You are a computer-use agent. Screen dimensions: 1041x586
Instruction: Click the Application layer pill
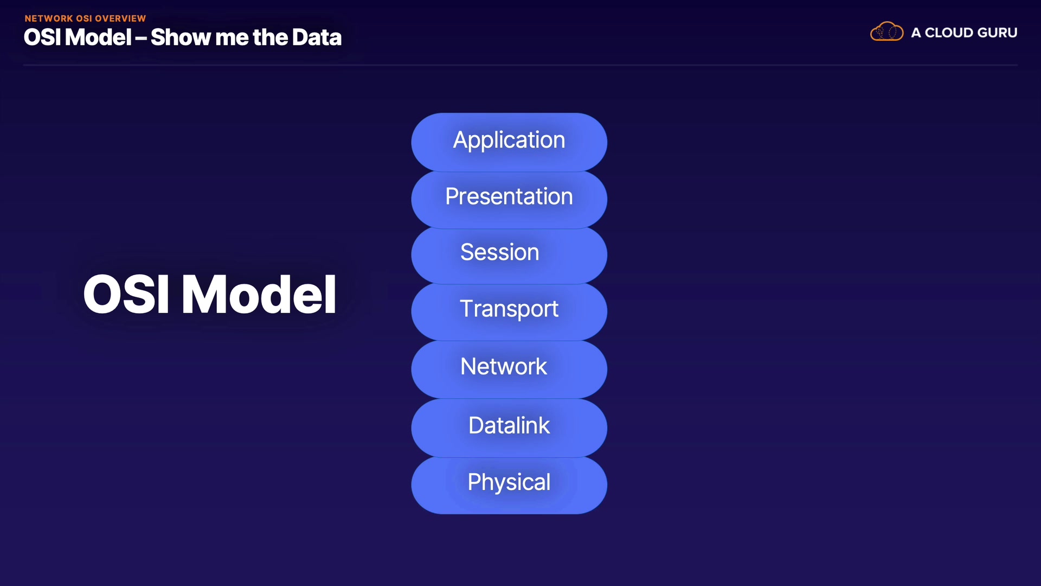[509, 142]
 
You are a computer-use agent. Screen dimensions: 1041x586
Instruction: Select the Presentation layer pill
[509, 200]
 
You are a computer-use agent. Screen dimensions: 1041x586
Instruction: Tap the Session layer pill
[509, 256]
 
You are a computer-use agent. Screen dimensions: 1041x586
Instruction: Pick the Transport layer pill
[509, 312]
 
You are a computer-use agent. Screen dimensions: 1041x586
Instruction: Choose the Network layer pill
[509, 370]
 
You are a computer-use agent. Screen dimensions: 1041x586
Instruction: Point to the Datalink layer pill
[509, 428]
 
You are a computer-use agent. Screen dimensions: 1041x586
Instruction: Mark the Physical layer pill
[509, 485]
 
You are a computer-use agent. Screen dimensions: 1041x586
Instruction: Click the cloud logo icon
[887, 31]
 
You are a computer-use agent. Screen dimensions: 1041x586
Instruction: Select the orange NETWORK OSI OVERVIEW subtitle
[85, 18]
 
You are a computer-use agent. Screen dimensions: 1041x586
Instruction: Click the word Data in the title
[317, 37]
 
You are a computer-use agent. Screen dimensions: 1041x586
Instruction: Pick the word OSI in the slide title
[42, 37]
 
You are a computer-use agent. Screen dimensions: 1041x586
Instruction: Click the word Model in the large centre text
[259, 294]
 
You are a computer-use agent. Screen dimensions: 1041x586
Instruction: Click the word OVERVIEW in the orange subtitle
[120, 18]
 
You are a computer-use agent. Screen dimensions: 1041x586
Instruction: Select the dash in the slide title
[141, 39]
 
